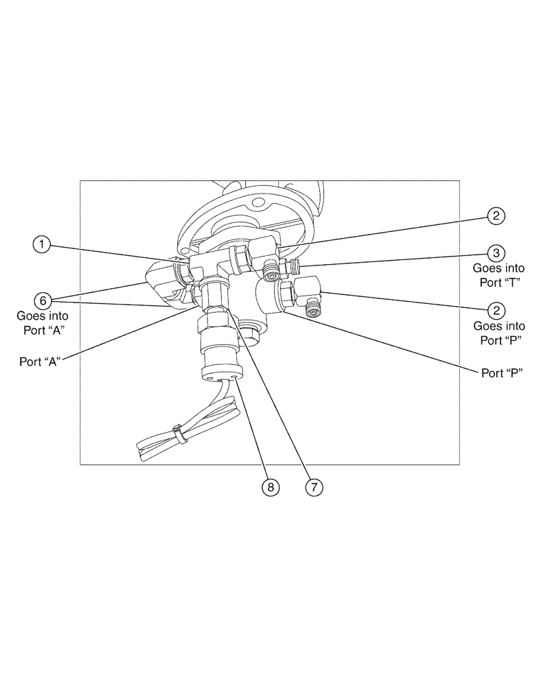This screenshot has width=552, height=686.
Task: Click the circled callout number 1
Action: pos(43,244)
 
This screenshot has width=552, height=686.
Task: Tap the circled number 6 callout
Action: pos(43,300)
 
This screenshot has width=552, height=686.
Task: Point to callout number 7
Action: pos(313,486)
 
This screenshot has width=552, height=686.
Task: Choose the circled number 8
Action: pos(271,486)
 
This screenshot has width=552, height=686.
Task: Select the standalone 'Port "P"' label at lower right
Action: pos(501,373)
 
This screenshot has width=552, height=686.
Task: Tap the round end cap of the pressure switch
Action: pos(220,374)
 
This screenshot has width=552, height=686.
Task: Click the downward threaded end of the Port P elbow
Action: pos(314,312)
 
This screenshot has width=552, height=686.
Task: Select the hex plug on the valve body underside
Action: pos(249,337)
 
